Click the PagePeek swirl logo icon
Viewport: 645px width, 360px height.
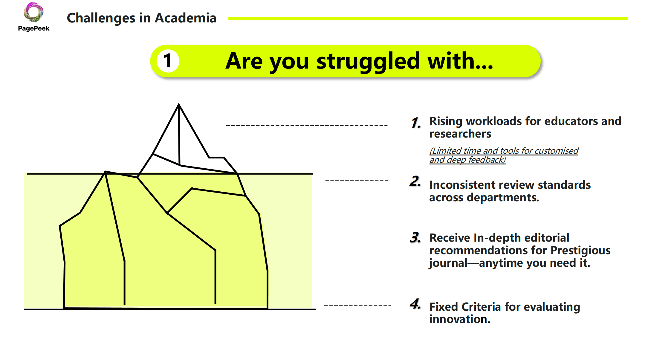33,12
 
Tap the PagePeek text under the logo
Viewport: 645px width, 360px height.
33,28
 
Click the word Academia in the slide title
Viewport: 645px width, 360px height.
185,18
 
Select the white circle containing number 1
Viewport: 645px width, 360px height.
168,61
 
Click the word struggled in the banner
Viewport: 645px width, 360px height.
368,62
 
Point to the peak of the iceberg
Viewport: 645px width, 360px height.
179,104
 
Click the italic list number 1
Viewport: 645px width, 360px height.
416,123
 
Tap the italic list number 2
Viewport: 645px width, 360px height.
415,181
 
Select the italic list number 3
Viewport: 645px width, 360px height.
415,238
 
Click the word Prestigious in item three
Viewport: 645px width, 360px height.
580,251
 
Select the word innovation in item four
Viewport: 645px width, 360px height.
460,319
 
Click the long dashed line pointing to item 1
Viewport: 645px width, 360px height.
307,125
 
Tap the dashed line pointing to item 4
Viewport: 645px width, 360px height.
357,305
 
